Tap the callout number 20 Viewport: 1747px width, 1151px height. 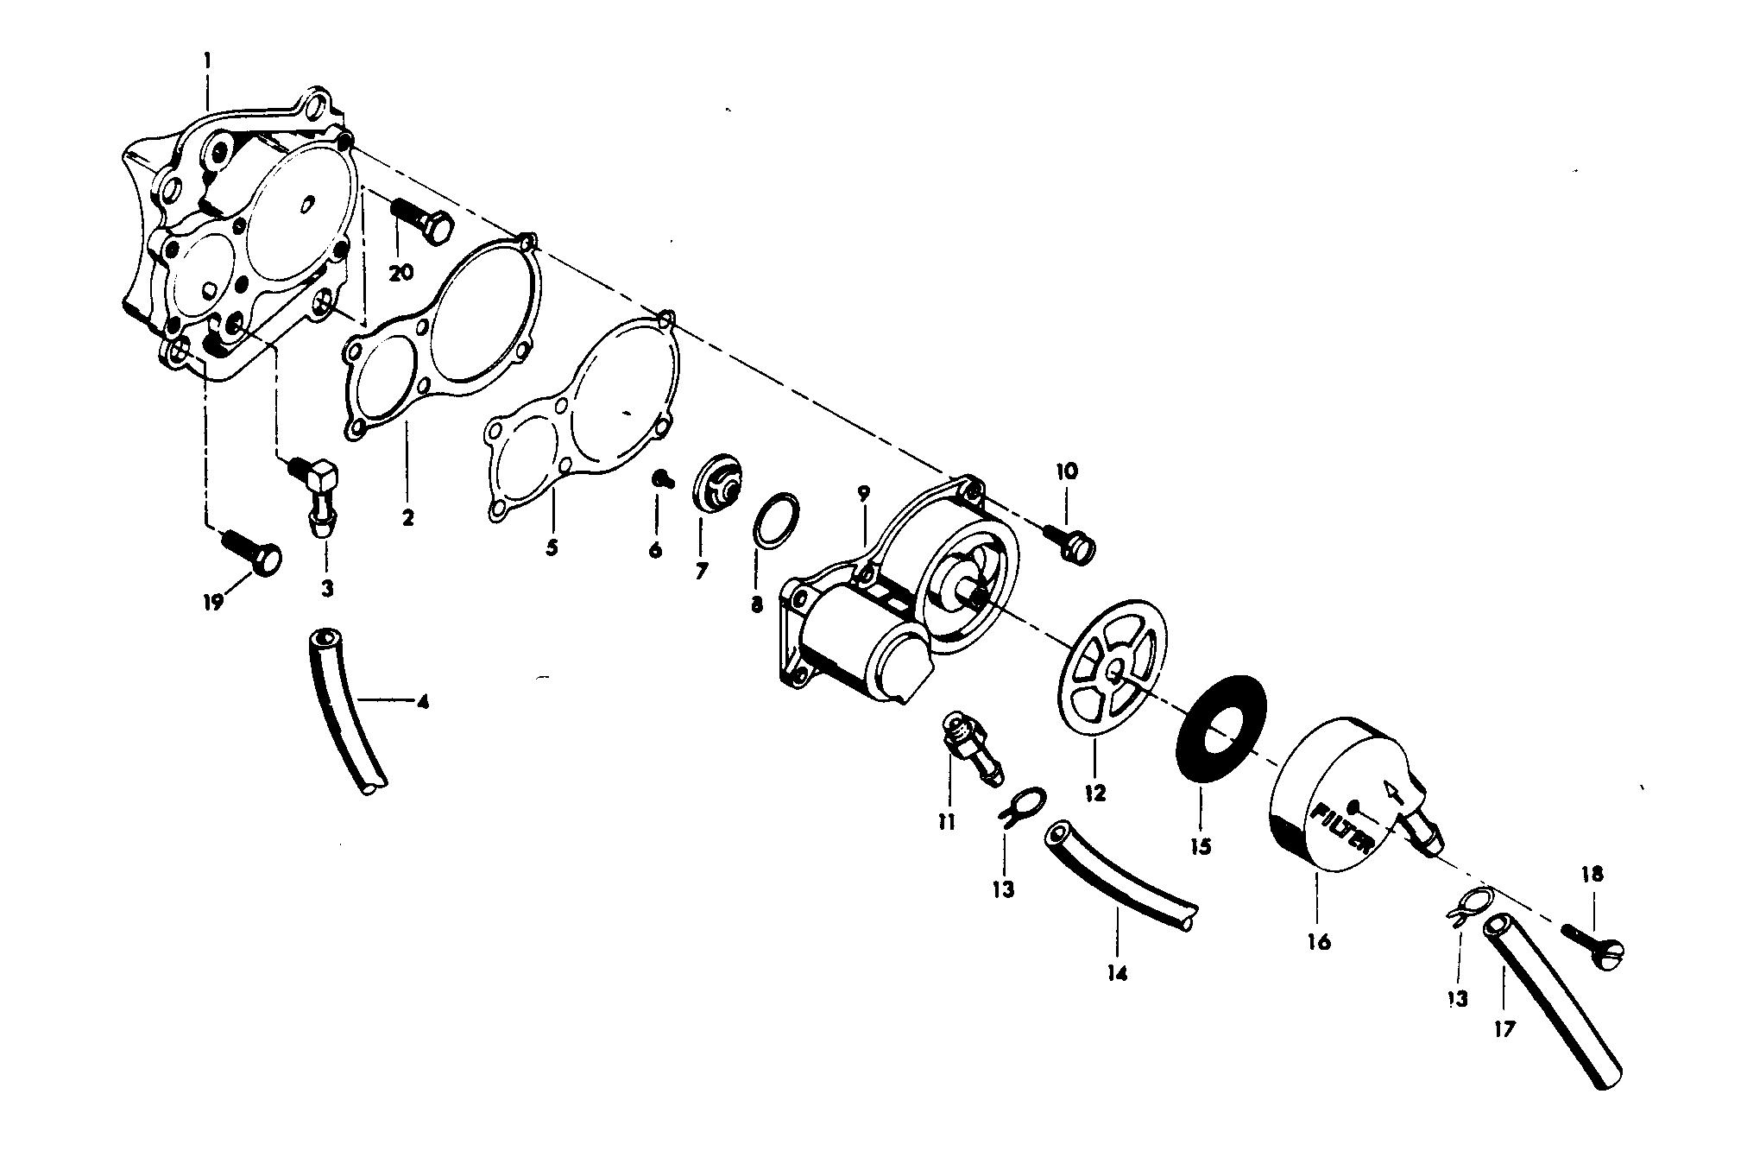click(401, 273)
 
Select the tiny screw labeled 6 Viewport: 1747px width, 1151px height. click(663, 478)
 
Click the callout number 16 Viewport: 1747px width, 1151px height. click(1319, 941)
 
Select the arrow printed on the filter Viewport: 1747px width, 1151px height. click(1391, 790)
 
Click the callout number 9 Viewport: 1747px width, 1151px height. click(863, 495)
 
